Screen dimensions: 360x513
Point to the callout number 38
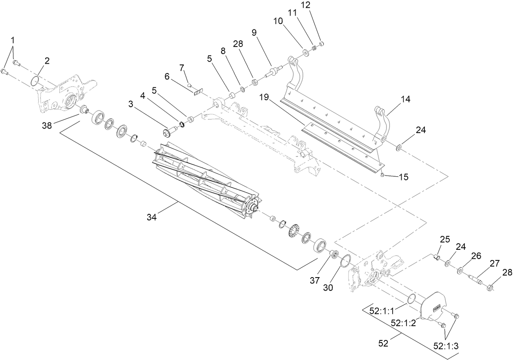[47, 126]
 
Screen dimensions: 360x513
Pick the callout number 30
[328, 287]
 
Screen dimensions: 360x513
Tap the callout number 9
[254, 33]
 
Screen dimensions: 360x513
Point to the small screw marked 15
[382, 175]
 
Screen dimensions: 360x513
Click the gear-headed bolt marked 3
[170, 132]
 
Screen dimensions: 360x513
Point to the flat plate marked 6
[197, 93]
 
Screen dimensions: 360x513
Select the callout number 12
[317, 5]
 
